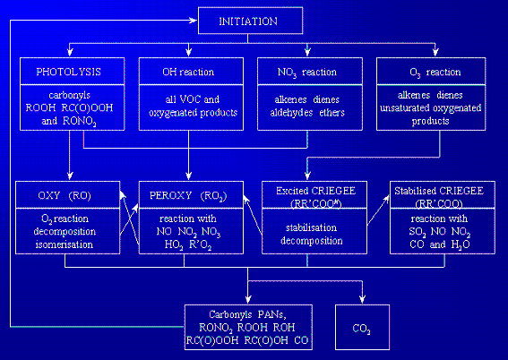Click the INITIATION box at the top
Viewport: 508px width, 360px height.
click(x=251, y=21)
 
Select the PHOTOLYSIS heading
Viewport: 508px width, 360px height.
click(x=69, y=72)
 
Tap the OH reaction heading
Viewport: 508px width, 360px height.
click(x=188, y=72)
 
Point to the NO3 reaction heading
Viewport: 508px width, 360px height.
click(x=307, y=73)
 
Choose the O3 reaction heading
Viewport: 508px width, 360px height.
click(x=435, y=73)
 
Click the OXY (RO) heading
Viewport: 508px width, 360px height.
click(x=65, y=195)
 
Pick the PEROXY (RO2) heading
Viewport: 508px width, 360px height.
click(x=188, y=196)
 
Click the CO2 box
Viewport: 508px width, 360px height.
click(x=362, y=327)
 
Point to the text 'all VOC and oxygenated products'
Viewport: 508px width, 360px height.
click(x=193, y=106)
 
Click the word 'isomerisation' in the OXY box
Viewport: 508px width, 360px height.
click(x=65, y=244)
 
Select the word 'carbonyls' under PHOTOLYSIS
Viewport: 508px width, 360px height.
click(x=69, y=95)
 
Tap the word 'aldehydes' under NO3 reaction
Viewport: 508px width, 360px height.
click(x=291, y=113)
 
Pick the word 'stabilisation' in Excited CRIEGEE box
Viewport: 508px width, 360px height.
click(x=312, y=227)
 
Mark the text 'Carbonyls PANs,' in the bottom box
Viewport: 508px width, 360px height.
click(x=247, y=314)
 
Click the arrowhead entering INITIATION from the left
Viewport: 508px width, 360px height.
click(x=194, y=21)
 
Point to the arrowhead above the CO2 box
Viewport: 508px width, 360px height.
click(x=362, y=299)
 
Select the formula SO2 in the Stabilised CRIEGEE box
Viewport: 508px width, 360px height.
click(x=418, y=232)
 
